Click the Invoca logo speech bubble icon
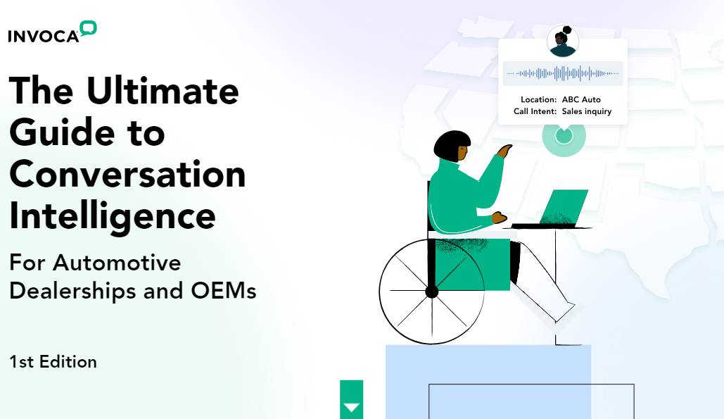(88, 28)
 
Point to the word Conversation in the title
(127, 174)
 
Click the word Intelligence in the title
(112, 215)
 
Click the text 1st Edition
(53, 362)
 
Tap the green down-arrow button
(351, 406)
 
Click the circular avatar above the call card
(563, 42)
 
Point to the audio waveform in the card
(563, 73)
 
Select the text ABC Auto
(581, 99)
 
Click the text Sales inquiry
(587, 111)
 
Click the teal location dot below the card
(564, 135)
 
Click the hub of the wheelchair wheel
(431, 291)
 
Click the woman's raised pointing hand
(505, 149)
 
